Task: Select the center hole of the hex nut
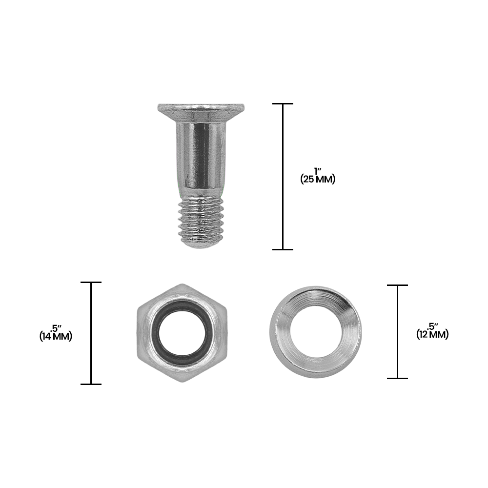coord(182,333)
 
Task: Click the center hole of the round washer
coord(316,334)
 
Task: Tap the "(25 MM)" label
coord(318,179)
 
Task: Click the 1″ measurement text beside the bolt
coord(318,171)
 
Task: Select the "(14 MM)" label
coord(56,336)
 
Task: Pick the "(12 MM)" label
coord(432,334)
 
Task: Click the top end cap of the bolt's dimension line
coord(283,104)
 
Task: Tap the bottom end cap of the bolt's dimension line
coord(283,249)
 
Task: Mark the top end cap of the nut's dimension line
coord(91,282)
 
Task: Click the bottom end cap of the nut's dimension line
coord(91,384)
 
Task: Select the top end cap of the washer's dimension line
coord(397,285)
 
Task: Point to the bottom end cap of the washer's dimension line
coord(397,378)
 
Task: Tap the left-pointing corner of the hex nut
coord(137,333)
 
